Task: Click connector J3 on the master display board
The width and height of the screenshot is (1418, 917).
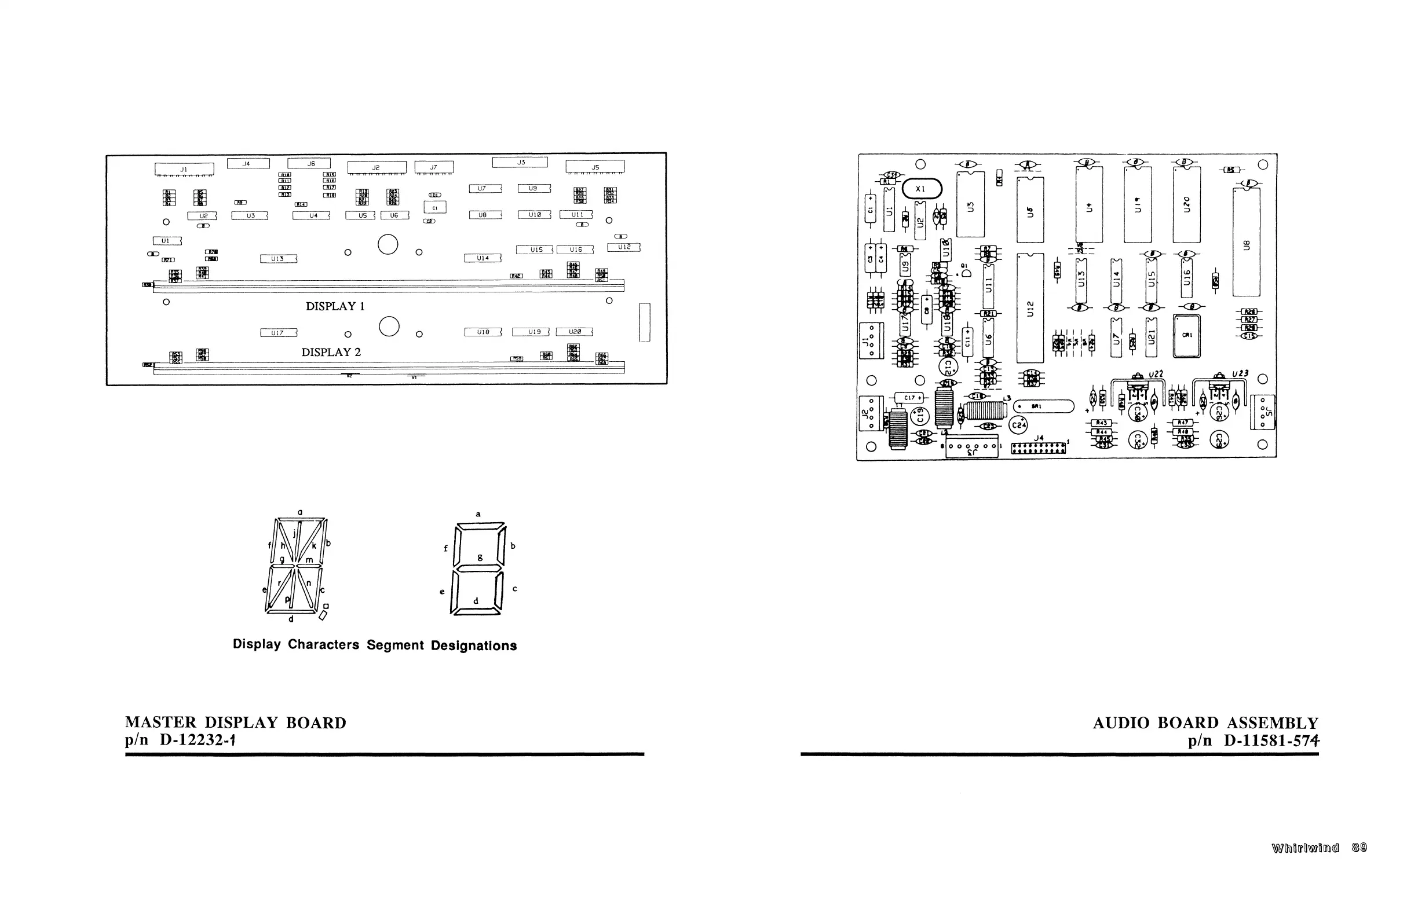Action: (x=520, y=162)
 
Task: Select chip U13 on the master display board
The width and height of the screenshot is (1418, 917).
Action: (x=278, y=259)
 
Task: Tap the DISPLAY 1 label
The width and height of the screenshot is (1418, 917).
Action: (x=335, y=306)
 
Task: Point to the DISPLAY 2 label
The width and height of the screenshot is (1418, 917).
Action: (x=331, y=352)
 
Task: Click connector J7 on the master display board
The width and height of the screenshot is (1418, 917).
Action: (x=434, y=167)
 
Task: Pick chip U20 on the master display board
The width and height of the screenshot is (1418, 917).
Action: (x=575, y=332)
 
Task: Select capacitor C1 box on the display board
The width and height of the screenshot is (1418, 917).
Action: (x=435, y=207)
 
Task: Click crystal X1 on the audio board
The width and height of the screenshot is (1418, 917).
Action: (x=922, y=189)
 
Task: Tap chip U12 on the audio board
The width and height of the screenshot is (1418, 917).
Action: (x=1030, y=308)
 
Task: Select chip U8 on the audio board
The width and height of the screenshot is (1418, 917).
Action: (x=1247, y=242)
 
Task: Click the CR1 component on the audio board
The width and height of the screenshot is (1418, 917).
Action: (x=1186, y=336)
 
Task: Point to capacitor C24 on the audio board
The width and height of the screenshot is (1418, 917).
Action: (x=1019, y=424)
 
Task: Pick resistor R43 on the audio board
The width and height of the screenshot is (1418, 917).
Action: (x=1102, y=423)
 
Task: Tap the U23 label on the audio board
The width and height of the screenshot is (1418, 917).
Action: (x=1240, y=373)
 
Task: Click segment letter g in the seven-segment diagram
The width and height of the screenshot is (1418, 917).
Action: (x=480, y=557)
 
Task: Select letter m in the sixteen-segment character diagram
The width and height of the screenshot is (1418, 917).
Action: (x=309, y=560)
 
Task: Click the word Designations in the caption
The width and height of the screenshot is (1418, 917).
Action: (x=474, y=645)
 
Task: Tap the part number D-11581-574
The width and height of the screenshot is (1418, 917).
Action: (x=1271, y=741)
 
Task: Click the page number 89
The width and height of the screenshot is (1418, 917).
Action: (x=1359, y=848)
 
